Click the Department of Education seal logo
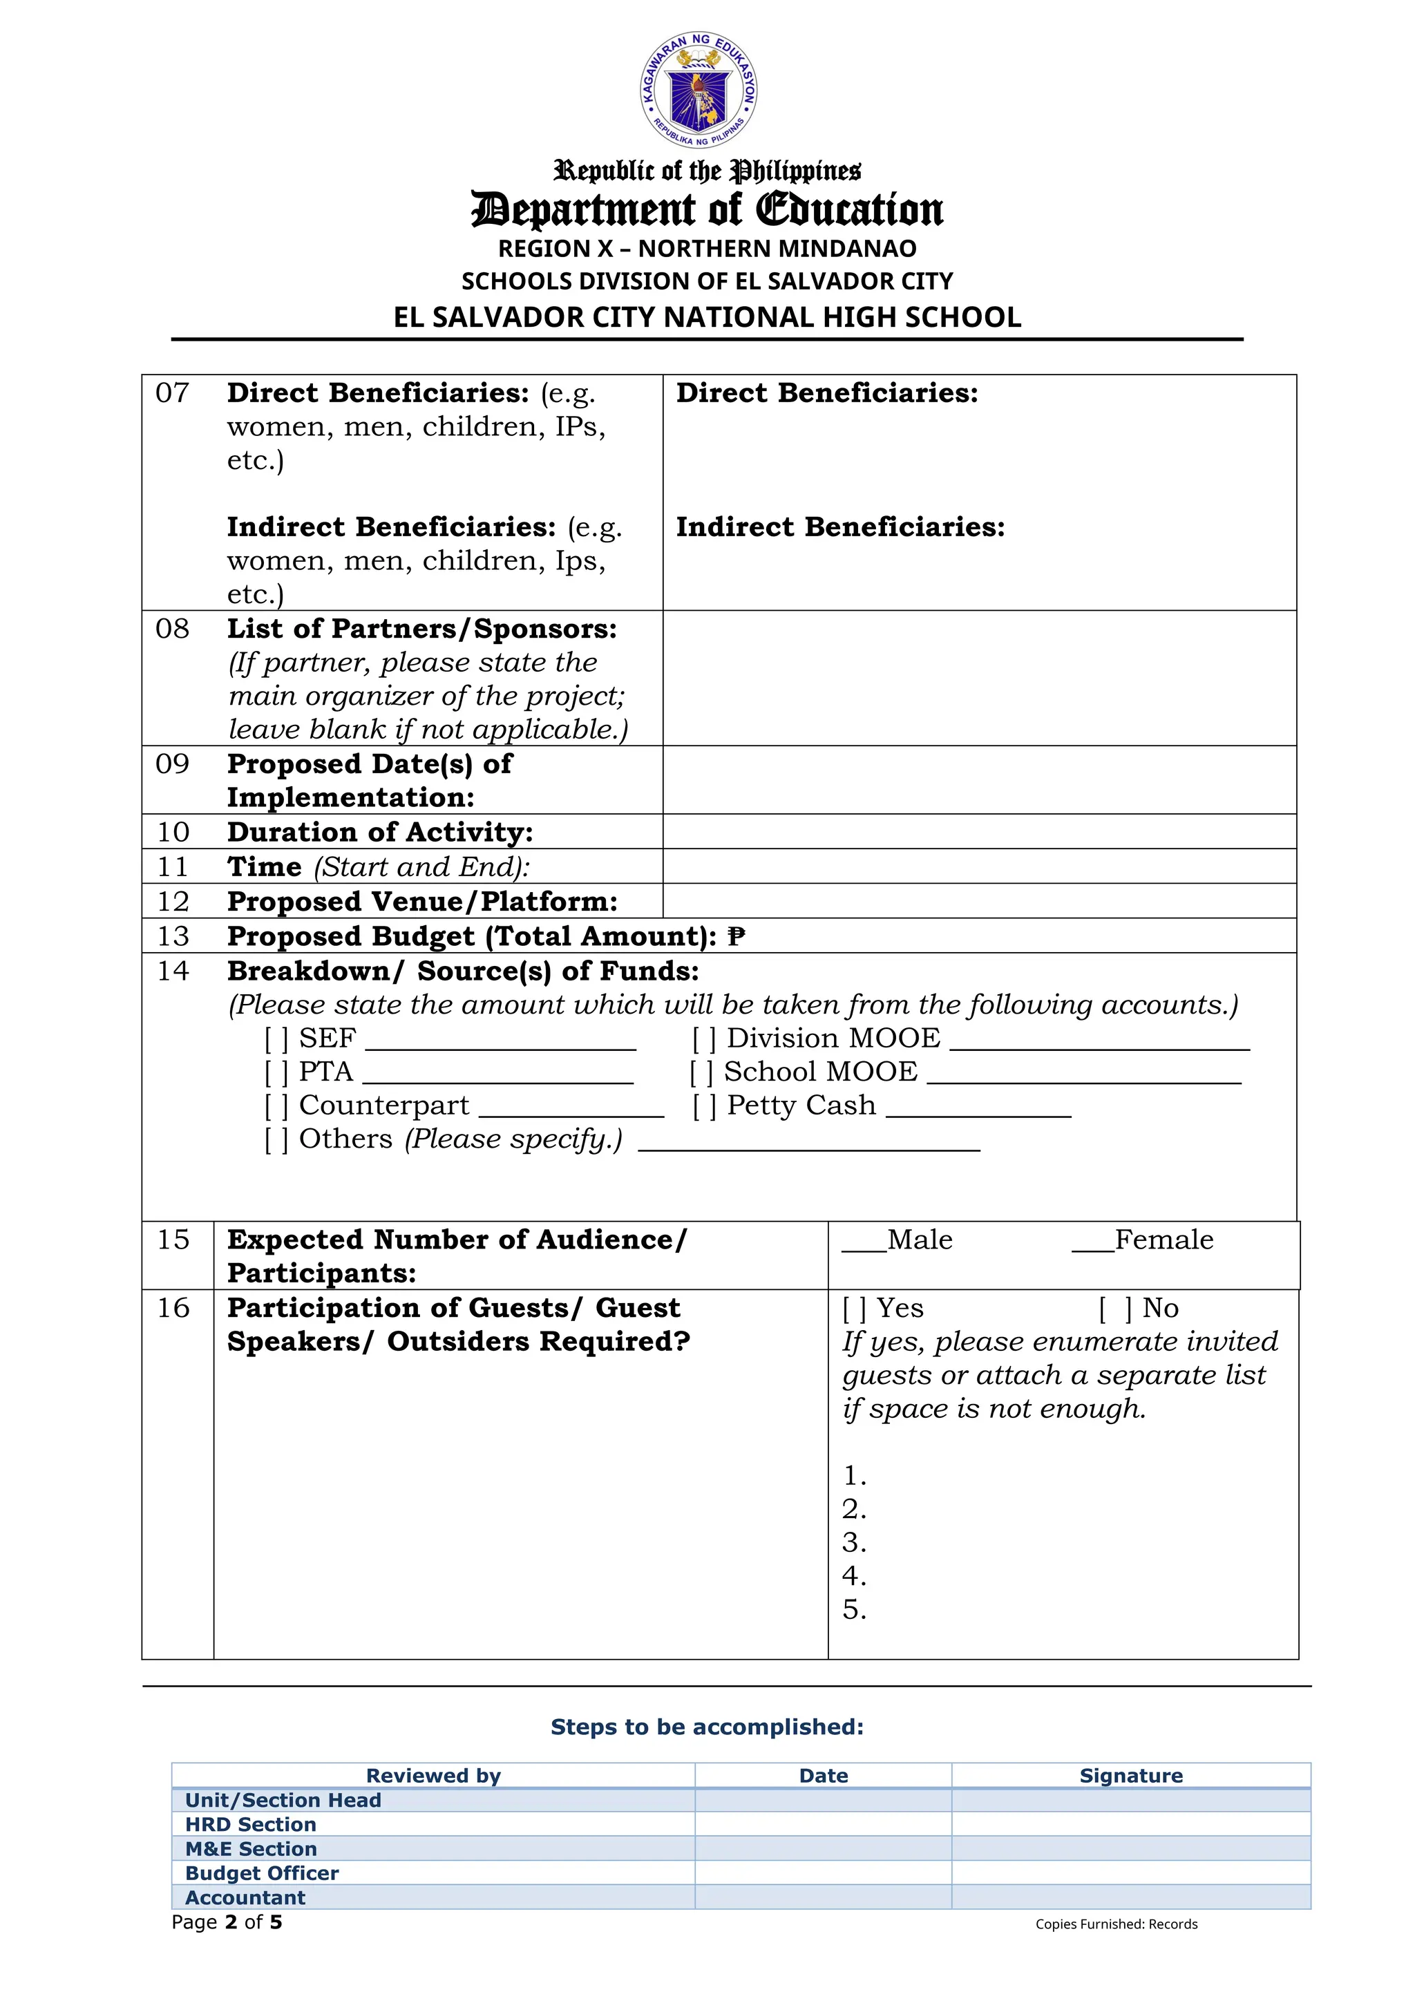pyautogui.click(x=699, y=90)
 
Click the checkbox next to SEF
pyautogui.click(x=276, y=1039)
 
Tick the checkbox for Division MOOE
pyautogui.click(x=704, y=1039)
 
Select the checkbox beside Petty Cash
pyautogui.click(x=704, y=1106)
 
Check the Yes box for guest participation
pyautogui.click(x=854, y=1309)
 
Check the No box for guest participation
pyautogui.click(x=1114, y=1309)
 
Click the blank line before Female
pyautogui.click(x=1092, y=1248)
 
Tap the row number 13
pyautogui.click(x=173, y=936)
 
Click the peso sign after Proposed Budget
pyautogui.click(x=737, y=936)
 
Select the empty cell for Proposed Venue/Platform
pyautogui.click(x=978, y=900)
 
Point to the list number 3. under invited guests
pyautogui.click(x=854, y=1543)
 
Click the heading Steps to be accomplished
pyautogui.click(x=707, y=1727)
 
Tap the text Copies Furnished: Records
pyautogui.click(x=1115, y=1924)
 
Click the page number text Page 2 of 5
pyautogui.click(x=227, y=1922)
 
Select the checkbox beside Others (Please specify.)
pyautogui.click(x=276, y=1140)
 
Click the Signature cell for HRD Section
pyautogui.click(x=1130, y=1824)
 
